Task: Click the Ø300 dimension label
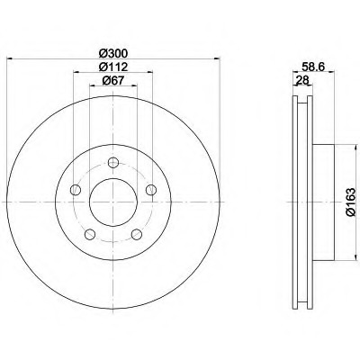113,53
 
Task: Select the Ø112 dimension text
113,67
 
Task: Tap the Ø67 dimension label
113,81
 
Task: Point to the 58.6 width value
313,67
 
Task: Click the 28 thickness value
302,80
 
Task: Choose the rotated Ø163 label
350,202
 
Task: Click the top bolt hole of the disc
113,163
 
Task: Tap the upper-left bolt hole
76,190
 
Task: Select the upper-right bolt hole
151,190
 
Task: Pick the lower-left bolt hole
90,234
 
